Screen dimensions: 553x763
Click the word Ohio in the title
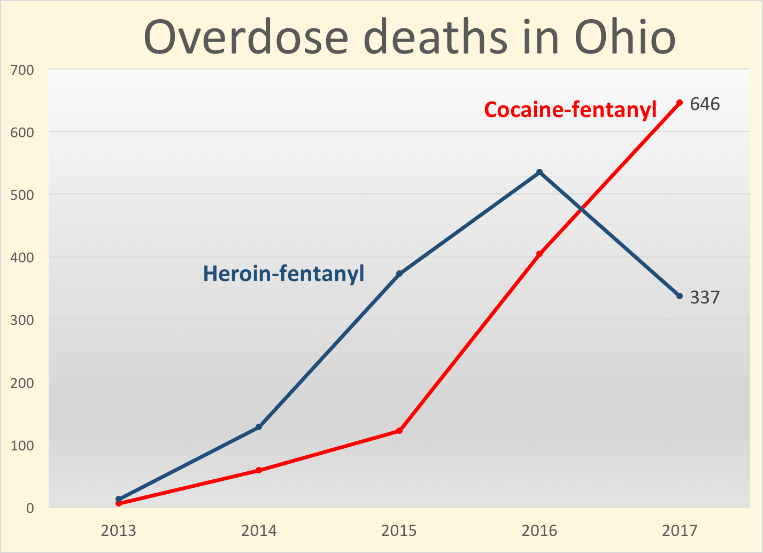[625, 37]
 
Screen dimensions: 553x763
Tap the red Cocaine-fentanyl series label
[570, 110]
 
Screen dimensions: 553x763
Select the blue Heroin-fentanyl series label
[283, 274]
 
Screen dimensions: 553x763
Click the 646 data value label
[705, 104]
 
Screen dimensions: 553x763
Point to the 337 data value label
[705, 297]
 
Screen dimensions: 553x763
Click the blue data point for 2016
[540, 172]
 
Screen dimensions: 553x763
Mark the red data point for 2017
[680, 103]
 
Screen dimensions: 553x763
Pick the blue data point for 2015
[399, 274]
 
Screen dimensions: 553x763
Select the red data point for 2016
[540, 254]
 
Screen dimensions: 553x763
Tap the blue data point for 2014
[259, 427]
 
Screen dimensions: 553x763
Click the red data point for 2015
[399, 431]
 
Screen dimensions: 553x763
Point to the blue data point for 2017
[680, 296]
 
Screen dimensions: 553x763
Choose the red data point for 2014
[259, 470]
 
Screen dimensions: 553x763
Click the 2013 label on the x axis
[119, 531]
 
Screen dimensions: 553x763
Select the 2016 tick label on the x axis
[540, 531]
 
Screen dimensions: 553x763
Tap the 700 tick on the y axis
[23, 70]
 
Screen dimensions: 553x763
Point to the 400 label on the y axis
[23, 258]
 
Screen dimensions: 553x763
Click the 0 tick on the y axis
[30, 508]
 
